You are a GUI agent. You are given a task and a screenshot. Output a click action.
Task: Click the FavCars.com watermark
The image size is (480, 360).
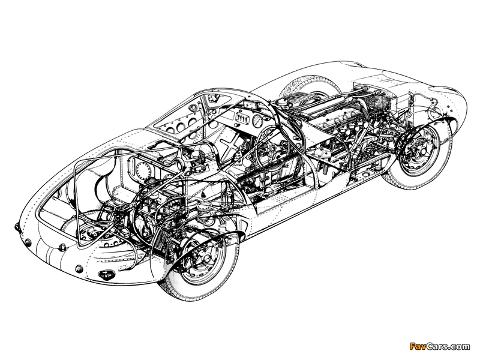(439, 347)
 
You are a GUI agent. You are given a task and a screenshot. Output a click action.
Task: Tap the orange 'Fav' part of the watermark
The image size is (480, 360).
(417, 347)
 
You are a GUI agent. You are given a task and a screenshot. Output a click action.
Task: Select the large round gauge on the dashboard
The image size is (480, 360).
(258, 121)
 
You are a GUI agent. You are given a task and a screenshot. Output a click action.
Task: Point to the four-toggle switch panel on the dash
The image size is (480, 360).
(242, 117)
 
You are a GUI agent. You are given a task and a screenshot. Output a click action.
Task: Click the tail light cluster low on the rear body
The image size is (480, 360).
(105, 274)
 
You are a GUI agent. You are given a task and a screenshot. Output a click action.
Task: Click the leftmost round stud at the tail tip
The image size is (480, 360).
(17, 227)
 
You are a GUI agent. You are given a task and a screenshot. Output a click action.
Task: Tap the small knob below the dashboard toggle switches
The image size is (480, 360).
(237, 125)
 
